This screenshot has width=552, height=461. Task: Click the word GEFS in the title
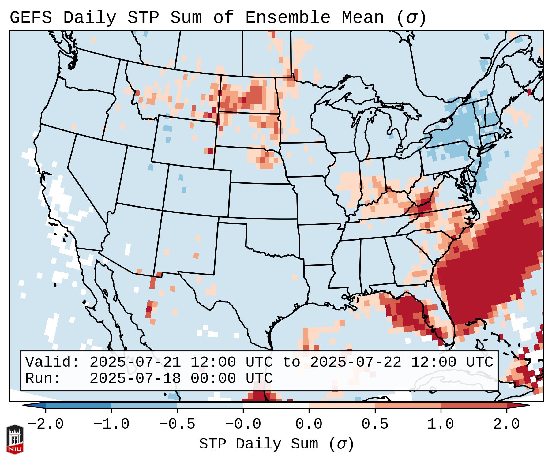tap(31, 17)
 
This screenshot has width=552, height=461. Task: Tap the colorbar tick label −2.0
tap(46, 424)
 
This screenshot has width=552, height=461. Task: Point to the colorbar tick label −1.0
tap(111, 424)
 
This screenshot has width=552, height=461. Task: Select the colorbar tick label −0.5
tap(177, 424)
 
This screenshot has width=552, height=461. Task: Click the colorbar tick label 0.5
tap(375, 424)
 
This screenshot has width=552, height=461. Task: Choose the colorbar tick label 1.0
tap(441, 424)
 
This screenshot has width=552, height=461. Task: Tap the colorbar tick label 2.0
tap(506, 424)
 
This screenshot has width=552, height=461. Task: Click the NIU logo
tap(15, 440)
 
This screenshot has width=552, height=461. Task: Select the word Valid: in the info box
tap(52, 362)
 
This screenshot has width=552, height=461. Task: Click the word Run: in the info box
tap(43, 379)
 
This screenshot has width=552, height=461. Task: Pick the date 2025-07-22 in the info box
tap(355, 362)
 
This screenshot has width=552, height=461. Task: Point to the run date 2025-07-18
tap(135, 379)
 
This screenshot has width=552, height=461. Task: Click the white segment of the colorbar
tap(276, 405)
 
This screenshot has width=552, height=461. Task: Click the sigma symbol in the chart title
tap(411, 17)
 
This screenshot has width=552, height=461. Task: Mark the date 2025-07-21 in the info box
tap(135, 362)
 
